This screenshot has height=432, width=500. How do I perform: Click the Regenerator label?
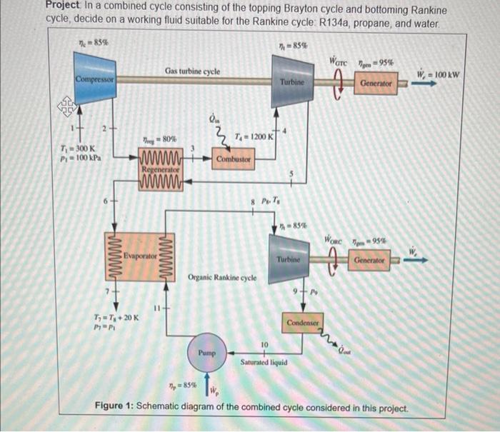click(159, 170)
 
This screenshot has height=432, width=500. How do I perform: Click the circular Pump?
click(207, 352)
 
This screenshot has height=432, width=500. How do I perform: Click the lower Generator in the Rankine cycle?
click(369, 261)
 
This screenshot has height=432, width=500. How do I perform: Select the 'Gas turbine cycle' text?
click(192, 71)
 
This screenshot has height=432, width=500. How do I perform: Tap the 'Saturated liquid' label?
click(264, 362)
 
